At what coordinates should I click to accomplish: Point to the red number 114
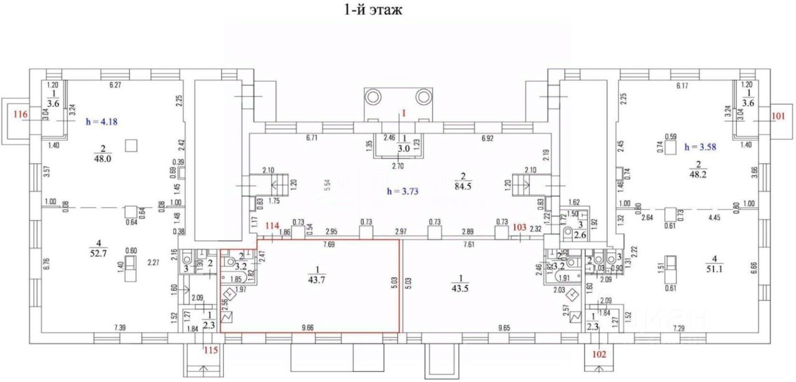(271, 226)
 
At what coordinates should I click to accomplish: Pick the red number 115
(212, 350)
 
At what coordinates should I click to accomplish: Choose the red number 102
(598, 356)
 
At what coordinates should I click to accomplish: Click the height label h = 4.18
(101, 123)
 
